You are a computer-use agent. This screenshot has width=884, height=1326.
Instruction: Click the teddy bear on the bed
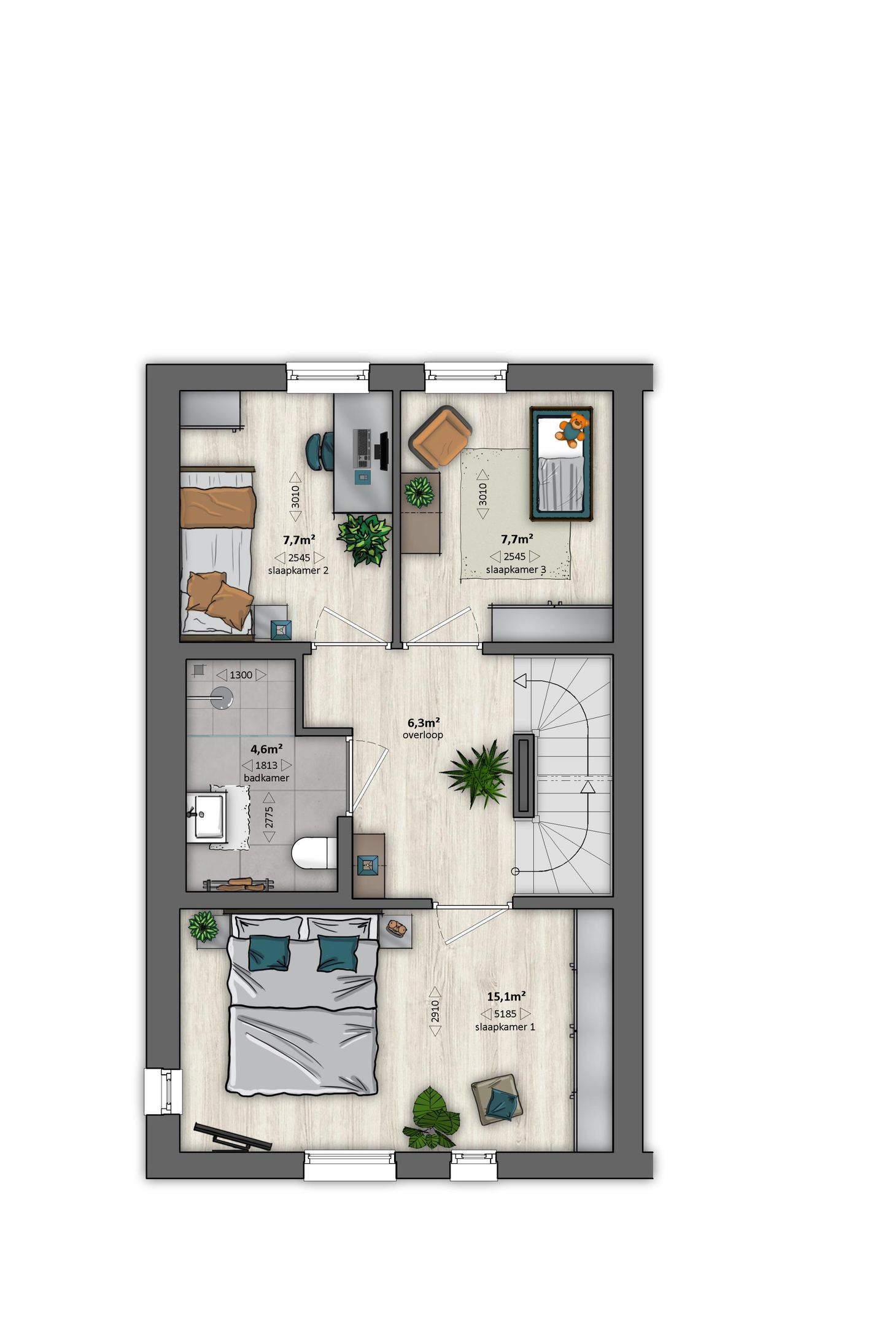coord(572,428)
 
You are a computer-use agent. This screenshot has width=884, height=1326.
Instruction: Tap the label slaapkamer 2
coord(298,571)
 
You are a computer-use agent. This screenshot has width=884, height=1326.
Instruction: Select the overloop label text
coord(422,735)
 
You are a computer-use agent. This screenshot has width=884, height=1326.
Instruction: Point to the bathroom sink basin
coord(208,817)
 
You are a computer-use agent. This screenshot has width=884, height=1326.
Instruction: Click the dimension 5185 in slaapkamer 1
coord(505,1014)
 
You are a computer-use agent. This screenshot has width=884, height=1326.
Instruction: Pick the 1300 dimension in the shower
coord(241,675)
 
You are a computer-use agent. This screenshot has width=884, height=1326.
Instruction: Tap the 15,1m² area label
coord(506,997)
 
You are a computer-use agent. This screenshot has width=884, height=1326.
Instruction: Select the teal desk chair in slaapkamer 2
coord(320,451)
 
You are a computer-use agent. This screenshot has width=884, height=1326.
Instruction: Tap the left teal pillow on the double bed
coord(268,953)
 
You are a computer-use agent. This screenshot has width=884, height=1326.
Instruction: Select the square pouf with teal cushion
coord(497,1100)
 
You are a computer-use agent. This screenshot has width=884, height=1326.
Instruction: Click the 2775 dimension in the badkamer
coord(269,817)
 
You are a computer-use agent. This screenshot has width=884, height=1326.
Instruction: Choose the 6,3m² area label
coord(422,723)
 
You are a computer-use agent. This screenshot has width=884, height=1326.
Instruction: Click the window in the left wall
coord(163,1091)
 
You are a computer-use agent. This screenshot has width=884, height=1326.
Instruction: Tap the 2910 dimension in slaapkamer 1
coord(435,1012)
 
